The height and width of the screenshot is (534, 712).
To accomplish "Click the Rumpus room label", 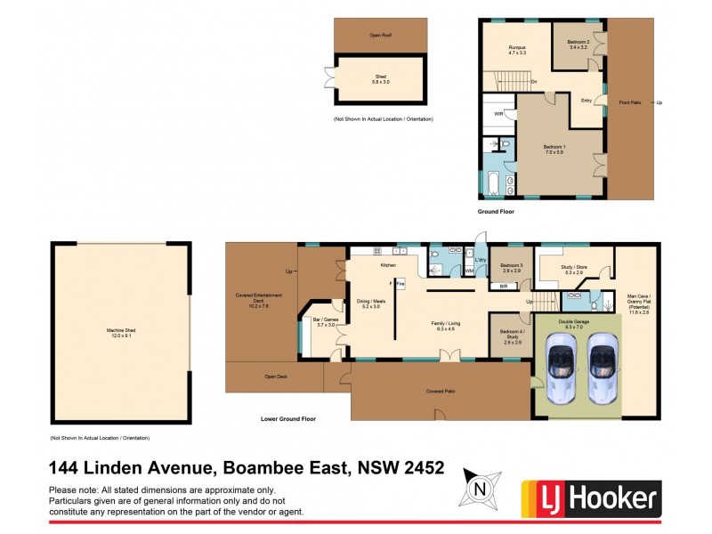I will coord(517,49).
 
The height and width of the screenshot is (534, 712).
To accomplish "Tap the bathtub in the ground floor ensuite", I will coord(491,182).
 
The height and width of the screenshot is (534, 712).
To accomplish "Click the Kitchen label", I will coord(388,265).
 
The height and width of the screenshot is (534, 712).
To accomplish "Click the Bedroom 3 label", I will coord(511,266).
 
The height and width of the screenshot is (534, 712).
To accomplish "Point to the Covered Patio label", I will coord(441,390).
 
